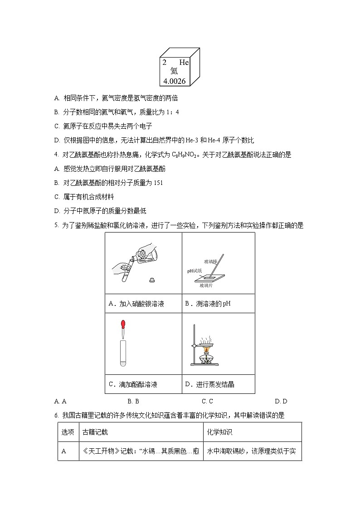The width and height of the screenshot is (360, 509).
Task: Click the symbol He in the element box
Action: [x=184, y=63]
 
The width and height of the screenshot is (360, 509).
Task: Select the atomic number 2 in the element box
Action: [x=164, y=63]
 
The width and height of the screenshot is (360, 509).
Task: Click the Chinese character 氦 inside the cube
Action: [x=174, y=71]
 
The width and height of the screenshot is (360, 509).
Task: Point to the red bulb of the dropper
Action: [x=122, y=325]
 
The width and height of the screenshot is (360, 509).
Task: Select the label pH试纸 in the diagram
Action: [x=194, y=271]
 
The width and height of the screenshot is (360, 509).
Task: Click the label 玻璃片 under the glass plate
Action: [x=207, y=286]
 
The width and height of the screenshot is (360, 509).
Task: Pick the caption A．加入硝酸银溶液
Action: [x=136, y=304]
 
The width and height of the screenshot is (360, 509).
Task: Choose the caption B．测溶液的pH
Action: [x=208, y=304]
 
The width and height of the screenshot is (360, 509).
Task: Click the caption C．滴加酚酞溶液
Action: [x=133, y=384]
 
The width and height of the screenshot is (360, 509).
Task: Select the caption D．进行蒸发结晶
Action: [x=209, y=384]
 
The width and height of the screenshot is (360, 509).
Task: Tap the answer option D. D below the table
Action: [x=281, y=401]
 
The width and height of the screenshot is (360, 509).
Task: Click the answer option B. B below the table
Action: [x=133, y=401]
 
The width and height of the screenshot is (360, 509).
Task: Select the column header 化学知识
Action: [x=219, y=432]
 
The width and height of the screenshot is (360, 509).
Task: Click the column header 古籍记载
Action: [x=95, y=432]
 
